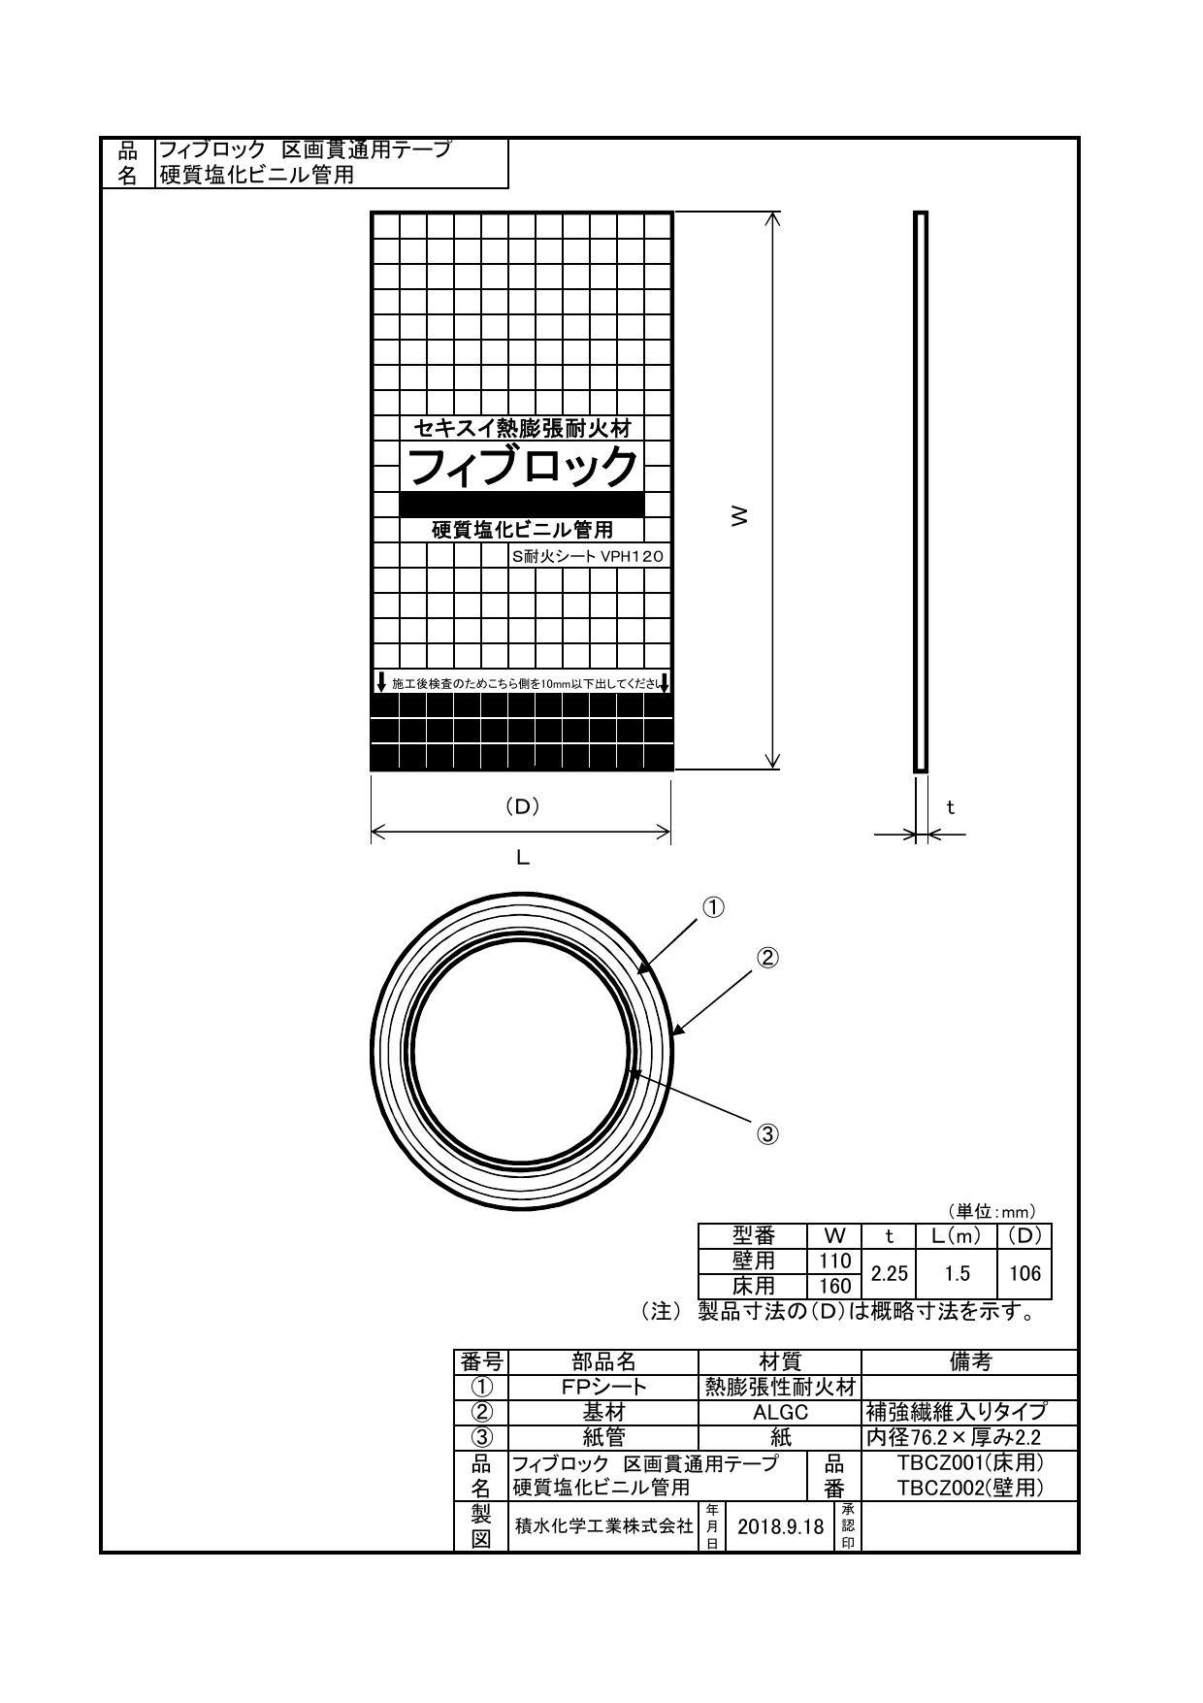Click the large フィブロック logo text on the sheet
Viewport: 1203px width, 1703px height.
(x=522, y=468)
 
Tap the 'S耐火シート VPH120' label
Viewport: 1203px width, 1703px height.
(x=589, y=557)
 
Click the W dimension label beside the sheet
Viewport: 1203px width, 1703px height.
(x=740, y=515)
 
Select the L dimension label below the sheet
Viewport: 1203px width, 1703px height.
(x=522, y=858)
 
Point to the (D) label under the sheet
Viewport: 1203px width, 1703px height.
(x=522, y=805)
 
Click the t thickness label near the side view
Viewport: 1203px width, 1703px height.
(x=951, y=806)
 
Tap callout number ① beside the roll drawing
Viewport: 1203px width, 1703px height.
(x=713, y=907)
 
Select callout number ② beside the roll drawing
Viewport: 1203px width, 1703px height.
(x=767, y=958)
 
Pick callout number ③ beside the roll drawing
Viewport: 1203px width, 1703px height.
(x=767, y=1134)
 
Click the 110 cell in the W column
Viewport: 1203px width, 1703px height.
(x=834, y=1261)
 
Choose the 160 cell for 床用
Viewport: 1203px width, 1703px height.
(x=834, y=1286)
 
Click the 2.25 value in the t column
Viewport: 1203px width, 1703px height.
(x=890, y=1273)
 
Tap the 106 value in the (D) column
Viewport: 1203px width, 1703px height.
(x=1024, y=1273)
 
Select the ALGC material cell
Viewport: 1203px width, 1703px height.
(x=780, y=1412)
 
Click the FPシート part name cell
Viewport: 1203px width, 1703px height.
(x=602, y=1387)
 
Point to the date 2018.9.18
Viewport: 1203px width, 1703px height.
(x=780, y=1526)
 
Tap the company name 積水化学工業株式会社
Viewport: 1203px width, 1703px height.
(x=602, y=1526)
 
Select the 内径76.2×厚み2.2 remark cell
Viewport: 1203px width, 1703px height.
(x=953, y=1437)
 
